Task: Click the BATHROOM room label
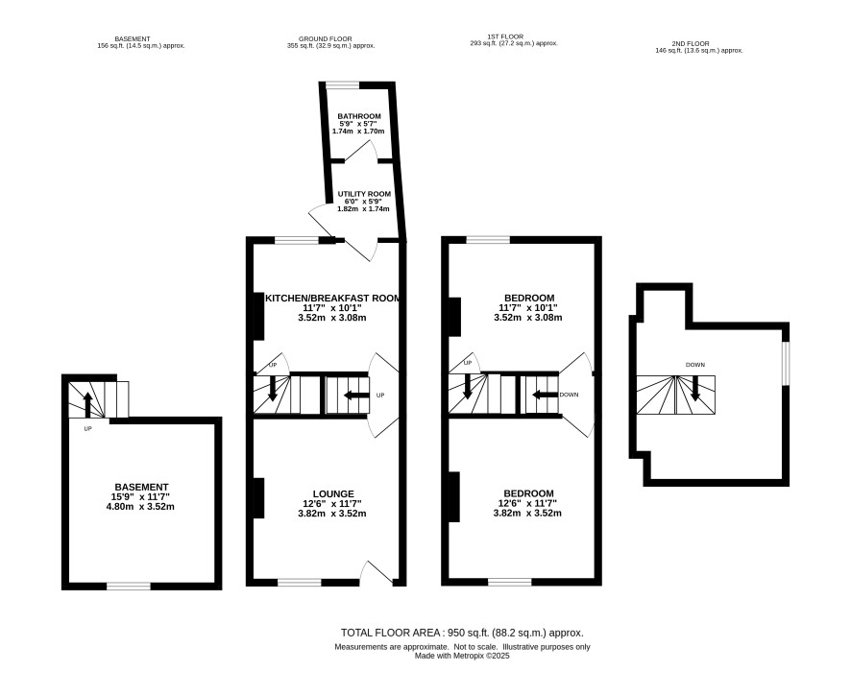(358, 116)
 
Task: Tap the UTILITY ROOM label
(364, 194)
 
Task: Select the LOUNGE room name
(333, 493)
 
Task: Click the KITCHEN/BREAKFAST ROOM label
(332, 298)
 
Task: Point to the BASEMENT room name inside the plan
(141, 487)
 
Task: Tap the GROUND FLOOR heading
(325, 39)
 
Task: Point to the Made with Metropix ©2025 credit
(462, 656)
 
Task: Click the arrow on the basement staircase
(87, 404)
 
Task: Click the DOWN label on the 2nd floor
(695, 365)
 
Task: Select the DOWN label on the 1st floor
(569, 395)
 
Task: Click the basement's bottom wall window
(129, 586)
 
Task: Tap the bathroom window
(342, 85)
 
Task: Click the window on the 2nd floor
(786, 364)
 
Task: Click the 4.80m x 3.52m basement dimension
(140, 507)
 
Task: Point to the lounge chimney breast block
(259, 498)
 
